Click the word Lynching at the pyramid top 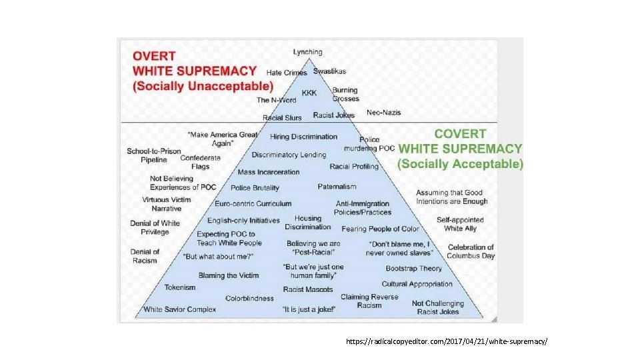tap(307, 52)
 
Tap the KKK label tap(309, 93)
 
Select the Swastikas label tap(329, 71)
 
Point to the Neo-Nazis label tap(383, 113)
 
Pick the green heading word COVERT tap(460, 135)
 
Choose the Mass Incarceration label tap(269, 172)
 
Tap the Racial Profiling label tap(354, 167)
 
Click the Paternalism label tap(337, 187)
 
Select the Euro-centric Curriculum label tap(253, 203)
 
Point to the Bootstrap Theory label tap(413, 269)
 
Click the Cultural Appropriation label tap(417, 284)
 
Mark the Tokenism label tap(180, 287)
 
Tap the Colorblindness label tap(249, 299)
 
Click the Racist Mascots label tap(307, 289)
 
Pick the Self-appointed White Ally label tap(460, 224)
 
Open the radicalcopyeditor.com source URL tap(446, 341)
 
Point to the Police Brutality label tap(255, 188)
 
